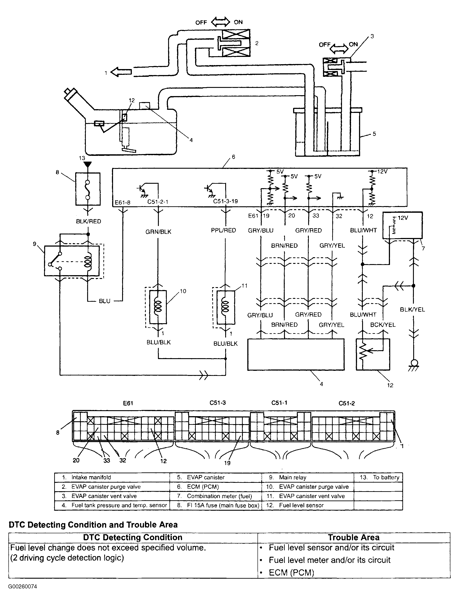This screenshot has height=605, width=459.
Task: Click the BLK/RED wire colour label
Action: point(88,221)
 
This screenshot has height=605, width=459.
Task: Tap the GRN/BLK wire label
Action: point(158,232)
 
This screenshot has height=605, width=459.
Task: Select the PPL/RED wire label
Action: point(223,230)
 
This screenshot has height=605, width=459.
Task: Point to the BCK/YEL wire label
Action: point(383,325)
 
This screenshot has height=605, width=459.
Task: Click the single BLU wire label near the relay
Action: point(104,301)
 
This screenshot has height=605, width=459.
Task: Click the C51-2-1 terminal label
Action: point(158,202)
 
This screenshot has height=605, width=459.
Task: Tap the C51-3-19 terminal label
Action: point(226,201)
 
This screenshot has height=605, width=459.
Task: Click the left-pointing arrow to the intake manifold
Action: point(121,72)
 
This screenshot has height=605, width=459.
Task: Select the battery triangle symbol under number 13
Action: point(88,165)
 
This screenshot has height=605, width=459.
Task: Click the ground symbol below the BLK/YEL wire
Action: point(414,365)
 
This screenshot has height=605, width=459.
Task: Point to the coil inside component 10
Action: point(158,307)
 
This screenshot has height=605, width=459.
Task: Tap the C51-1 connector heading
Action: point(279,403)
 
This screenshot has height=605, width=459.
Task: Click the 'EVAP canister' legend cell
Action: point(205,477)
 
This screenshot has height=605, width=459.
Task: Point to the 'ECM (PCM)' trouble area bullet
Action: point(291,573)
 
